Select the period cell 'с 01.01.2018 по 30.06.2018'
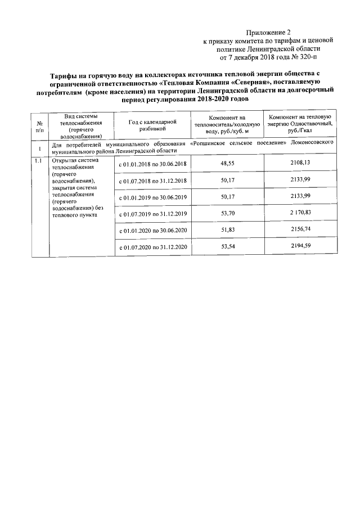pos(153,164)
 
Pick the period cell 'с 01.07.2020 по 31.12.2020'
pos(153,247)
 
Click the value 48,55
pos(228,163)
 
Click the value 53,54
pos(228,247)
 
